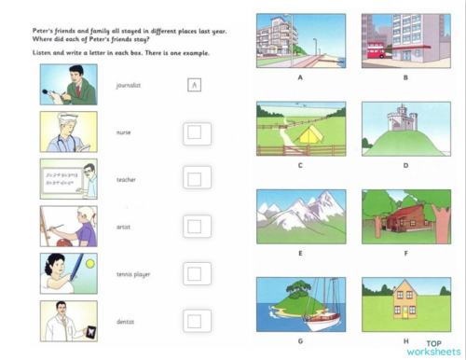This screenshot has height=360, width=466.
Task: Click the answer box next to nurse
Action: pos(194,132)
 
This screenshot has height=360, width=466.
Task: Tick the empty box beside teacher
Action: pos(194,178)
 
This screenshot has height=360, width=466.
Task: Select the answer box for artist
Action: pos(194,226)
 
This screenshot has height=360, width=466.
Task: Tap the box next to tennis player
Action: pos(194,273)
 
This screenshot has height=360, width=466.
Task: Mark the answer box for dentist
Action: pos(194,321)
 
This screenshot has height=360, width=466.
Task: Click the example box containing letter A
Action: pos(194,86)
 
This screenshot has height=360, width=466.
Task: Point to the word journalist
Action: pos(129,86)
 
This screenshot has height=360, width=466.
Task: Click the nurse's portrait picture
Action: pos(68,132)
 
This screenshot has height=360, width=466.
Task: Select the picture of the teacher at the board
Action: pos(68,179)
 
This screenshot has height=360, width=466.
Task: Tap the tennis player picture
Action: pos(68,272)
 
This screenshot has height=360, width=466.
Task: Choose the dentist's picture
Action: pos(68,320)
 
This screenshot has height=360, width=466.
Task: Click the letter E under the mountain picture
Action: pos(300,251)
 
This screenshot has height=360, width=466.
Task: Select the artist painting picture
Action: pos(68,226)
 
